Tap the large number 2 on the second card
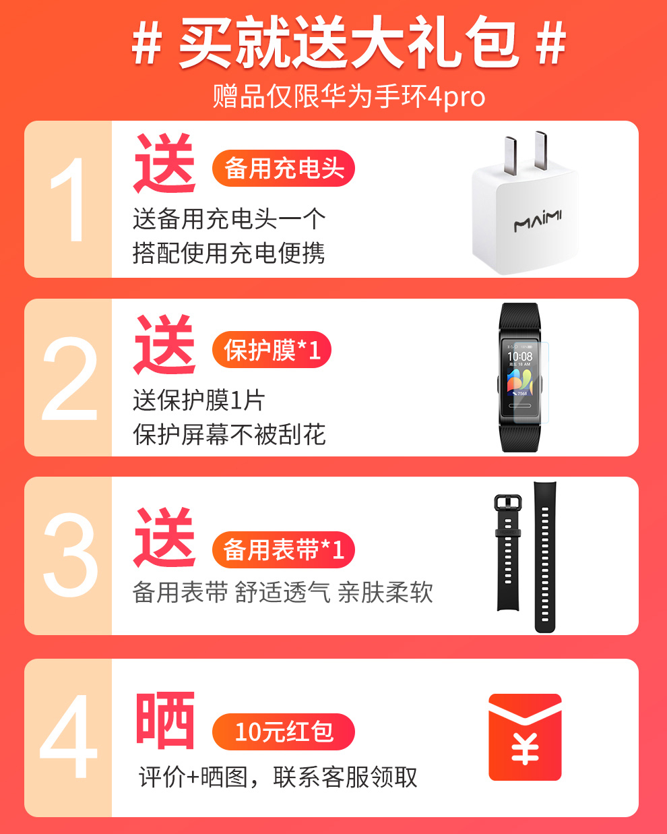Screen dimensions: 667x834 pos(69,378)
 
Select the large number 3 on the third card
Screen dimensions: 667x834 pos(71,555)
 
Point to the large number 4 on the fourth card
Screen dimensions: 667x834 pos(69,736)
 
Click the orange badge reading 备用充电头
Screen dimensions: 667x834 pos(284,168)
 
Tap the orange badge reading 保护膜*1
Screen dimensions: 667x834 pos(272,349)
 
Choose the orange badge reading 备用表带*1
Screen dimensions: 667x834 pos(284,549)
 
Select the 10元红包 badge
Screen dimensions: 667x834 pos(284,732)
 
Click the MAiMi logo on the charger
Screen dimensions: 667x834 pos(538,221)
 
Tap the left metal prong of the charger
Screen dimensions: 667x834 pos(510,155)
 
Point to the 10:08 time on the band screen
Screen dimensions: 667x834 pos(520,356)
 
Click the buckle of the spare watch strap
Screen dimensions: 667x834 pos(508,503)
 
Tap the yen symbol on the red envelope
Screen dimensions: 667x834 pos(525,748)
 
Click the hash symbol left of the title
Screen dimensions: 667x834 pos(146,42)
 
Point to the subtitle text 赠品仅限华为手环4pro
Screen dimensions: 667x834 pos(348,96)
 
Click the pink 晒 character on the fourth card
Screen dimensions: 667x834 pos(165,720)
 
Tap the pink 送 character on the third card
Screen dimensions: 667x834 pos(164,537)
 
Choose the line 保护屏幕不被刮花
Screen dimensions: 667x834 pos(229,434)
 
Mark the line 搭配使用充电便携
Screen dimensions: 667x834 pos(228,253)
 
